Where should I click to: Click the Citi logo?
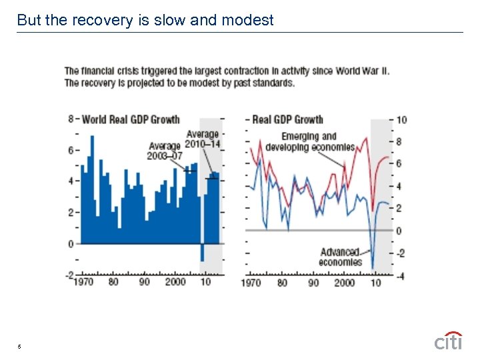pyautogui.click(x=448, y=341)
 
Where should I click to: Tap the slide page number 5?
pyautogui.click(x=19, y=346)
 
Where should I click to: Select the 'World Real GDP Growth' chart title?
pyautogui.click(x=131, y=120)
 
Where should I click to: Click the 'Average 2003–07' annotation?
pyautogui.click(x=165, y=151)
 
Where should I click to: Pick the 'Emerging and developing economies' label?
pyautogui.click(x=309, y=142)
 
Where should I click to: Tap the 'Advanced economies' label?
pyautogui.click(x=340, y=257)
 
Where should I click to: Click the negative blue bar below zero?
pyautogui.click(x=202, y=252)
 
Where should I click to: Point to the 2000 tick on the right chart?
pyautogui.click(x=344, y=283)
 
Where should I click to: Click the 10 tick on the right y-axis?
pyautogui.click(x=401, y=120)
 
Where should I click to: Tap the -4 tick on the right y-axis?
pyautogui.click(x=400, y=275)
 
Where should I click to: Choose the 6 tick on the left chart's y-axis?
pyautogui.click(x=71, y=151)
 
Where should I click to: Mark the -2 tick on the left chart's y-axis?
pyautogui.click(x=69, y=275)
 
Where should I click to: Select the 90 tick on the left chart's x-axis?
pyautogui.click(x=144, y=283)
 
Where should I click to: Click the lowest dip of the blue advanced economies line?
pyautogui.click(x=373, y=267)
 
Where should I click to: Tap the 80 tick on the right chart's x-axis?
pyautogui.click(x=282, y=283)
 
